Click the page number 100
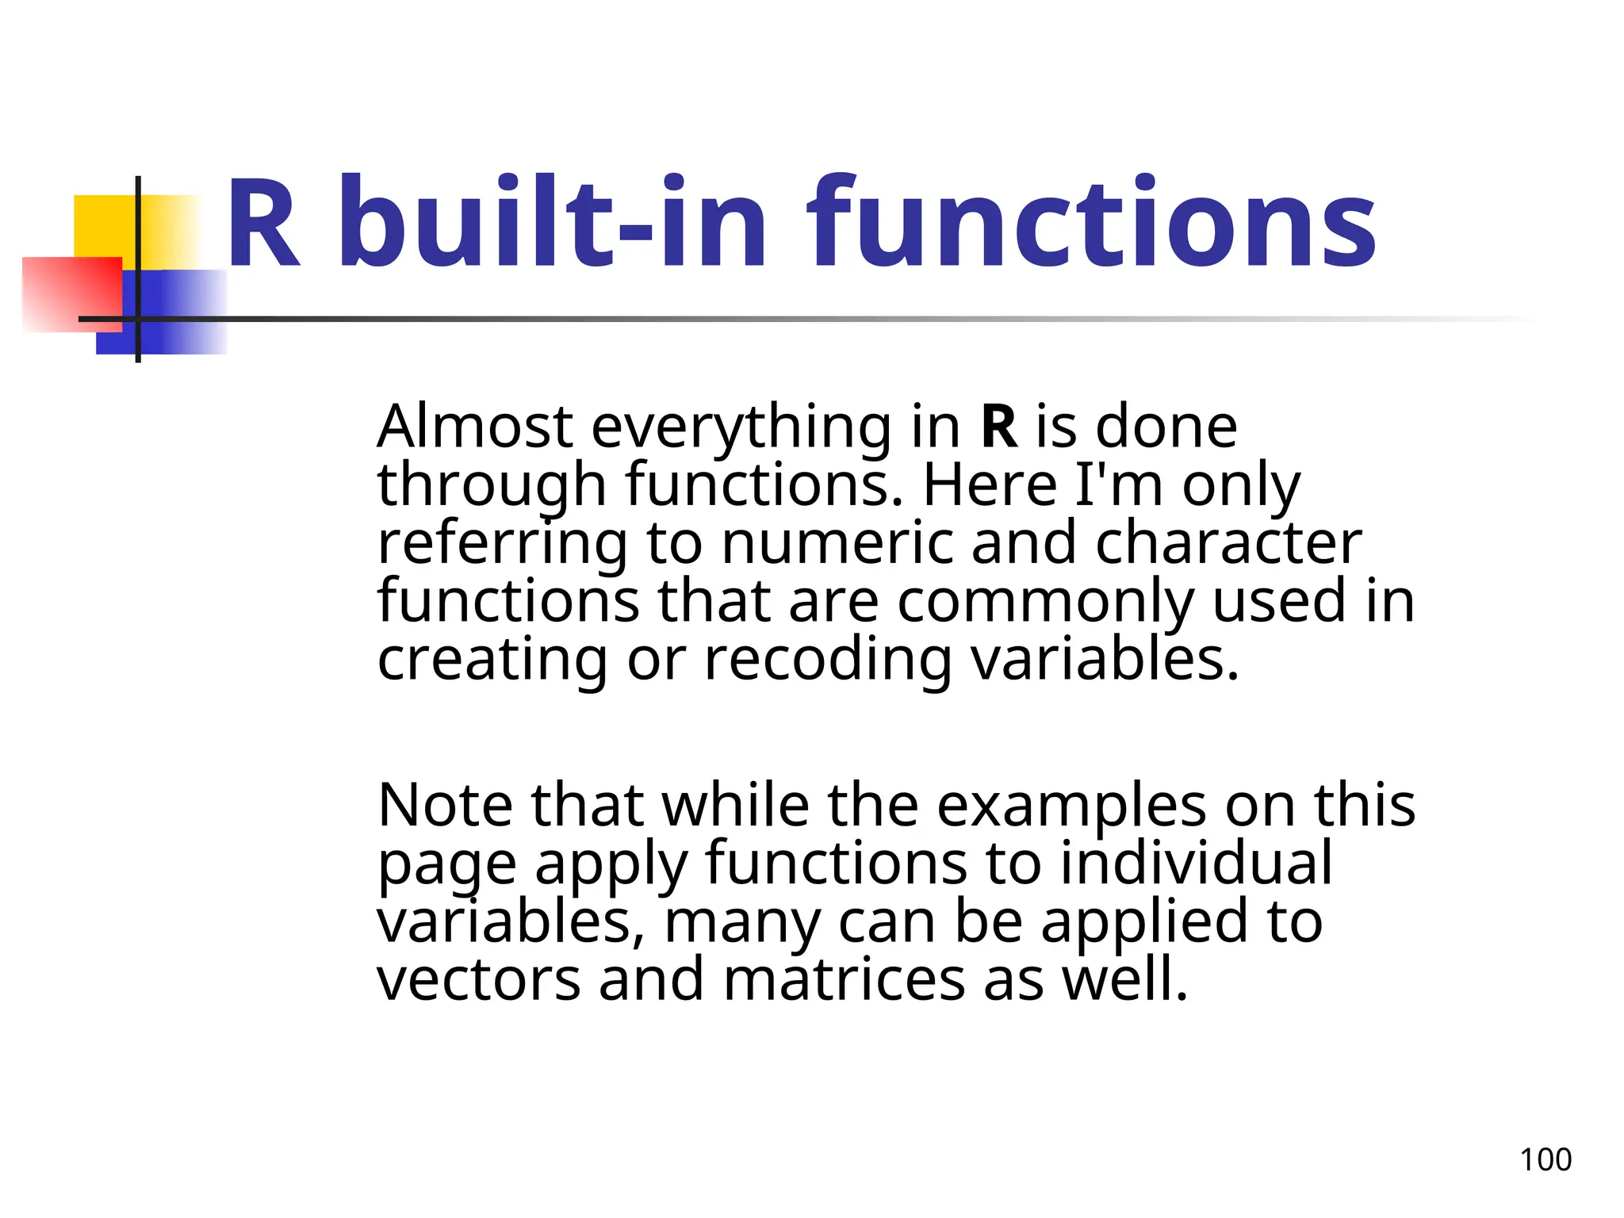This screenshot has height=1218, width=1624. (x=1545, y=1159)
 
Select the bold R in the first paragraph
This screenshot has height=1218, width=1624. (x=999, y=427)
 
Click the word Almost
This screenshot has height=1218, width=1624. (x=474, y=427)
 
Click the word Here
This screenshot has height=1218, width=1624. (x=990, y=485)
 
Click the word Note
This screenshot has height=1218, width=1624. (x=445, y=806)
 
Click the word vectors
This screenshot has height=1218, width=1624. (x=478, y=979)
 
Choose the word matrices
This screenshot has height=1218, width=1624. (x=844, y=979)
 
